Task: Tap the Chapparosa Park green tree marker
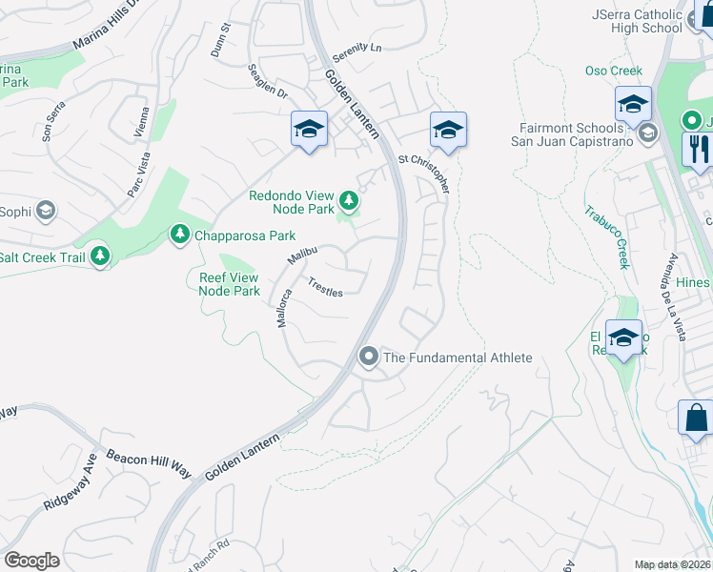point(179,234)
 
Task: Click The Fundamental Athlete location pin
point(369,357)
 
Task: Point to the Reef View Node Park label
point(229,284)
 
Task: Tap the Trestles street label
point(325,287)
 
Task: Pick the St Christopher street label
point(424,174)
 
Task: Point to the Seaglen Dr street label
point(268,81)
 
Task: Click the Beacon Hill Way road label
point(149,462)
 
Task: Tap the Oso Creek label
point(613,71)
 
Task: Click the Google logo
point(31,561)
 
